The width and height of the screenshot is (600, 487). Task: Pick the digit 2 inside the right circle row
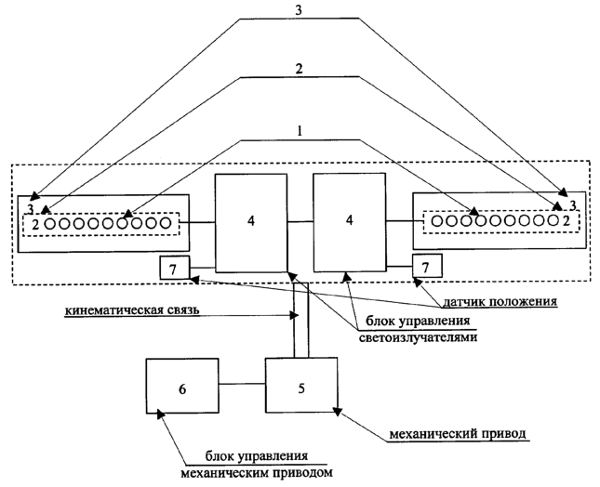point(566,221)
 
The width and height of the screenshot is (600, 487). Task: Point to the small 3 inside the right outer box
point(573,204)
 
